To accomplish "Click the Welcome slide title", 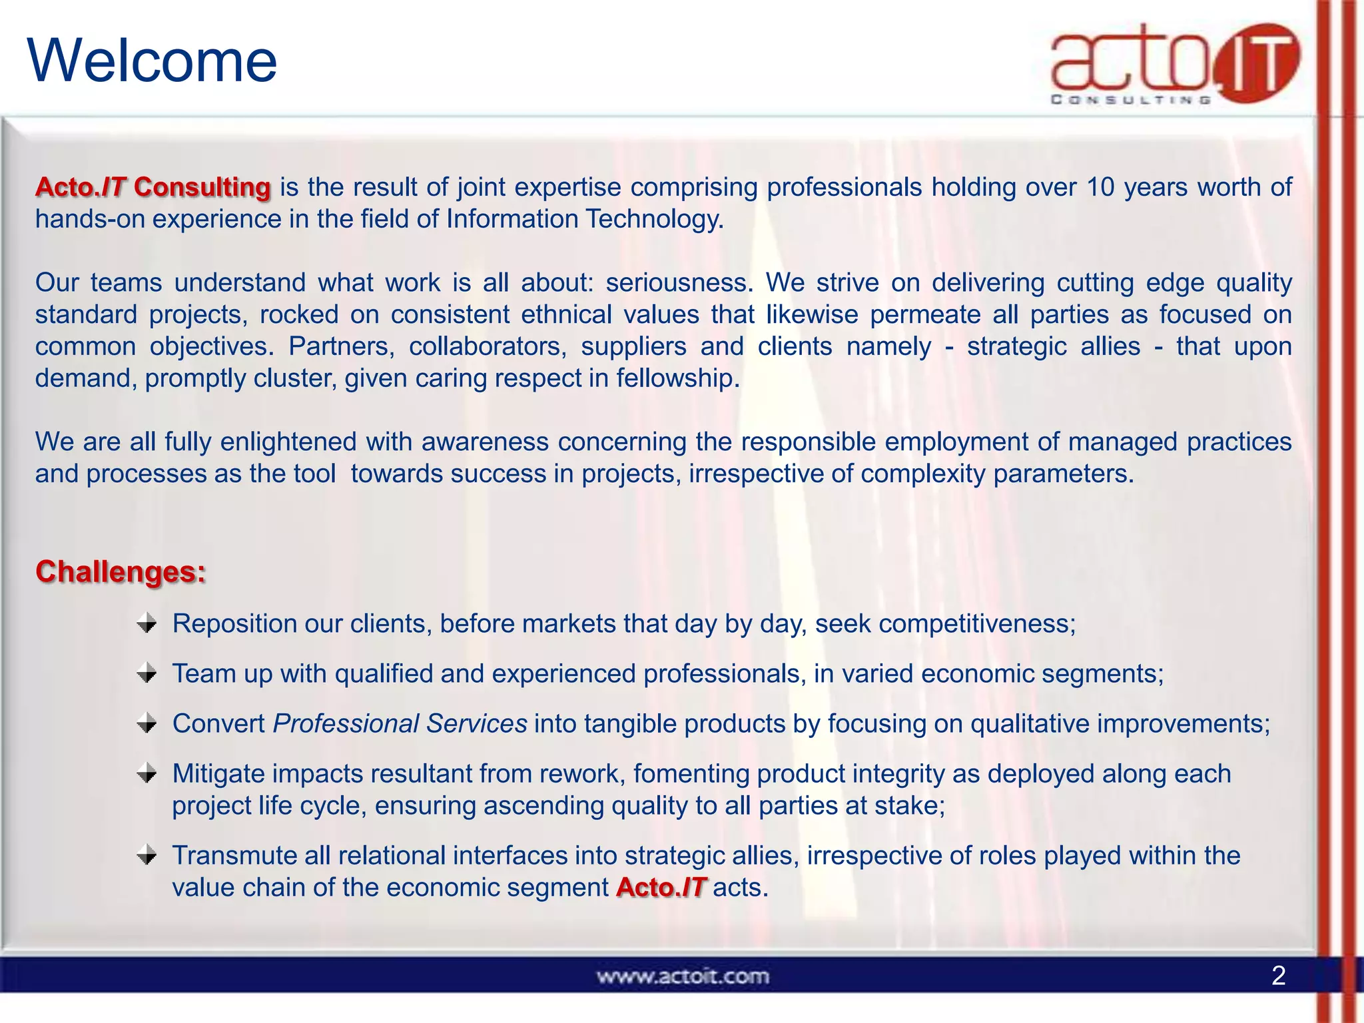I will click(x=152, y=61).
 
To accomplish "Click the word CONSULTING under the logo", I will click(x=1130, y=100).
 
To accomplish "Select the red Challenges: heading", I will click(x=121, y=571).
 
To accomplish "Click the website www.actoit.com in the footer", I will click(x=683, y=976).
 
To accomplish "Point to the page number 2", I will click(x=1278, y=976).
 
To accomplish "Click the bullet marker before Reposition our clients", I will click(x=147, y=624).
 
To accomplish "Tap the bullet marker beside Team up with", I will click(x=147, y=674).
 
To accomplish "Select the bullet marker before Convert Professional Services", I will click(x=147, y=724).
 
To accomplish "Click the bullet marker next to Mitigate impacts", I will click(x=147, y=774).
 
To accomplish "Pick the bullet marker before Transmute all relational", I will click(x=147, y=856).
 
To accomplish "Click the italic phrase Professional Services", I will click(x=400, y=724).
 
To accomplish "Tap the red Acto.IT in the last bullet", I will click(x=661, y=888).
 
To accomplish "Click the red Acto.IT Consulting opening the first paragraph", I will click(x=153, y=187).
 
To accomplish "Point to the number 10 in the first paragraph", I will click(x=1100, y=187).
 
